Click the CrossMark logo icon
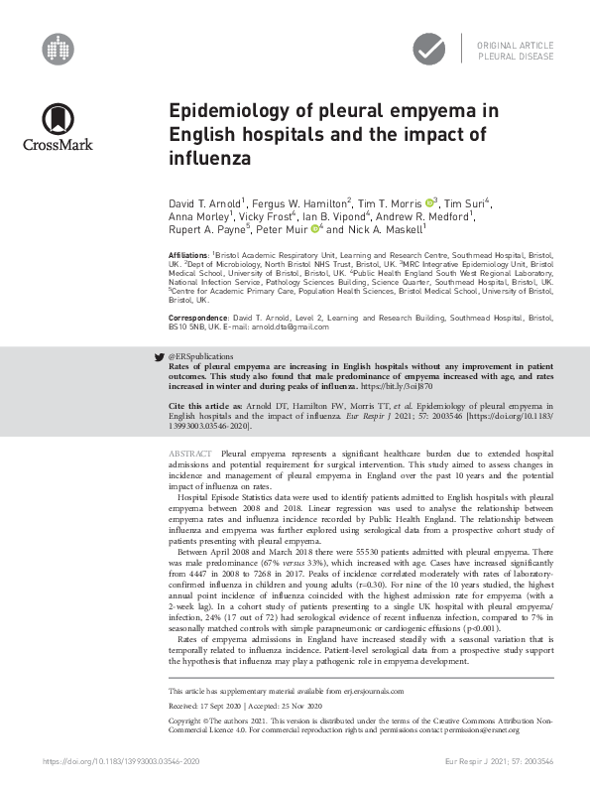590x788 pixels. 59,120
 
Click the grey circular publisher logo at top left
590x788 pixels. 59,46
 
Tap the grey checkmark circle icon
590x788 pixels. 428,47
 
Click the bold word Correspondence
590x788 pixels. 196,315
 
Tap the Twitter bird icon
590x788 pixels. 162,353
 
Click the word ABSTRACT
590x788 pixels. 192,452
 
